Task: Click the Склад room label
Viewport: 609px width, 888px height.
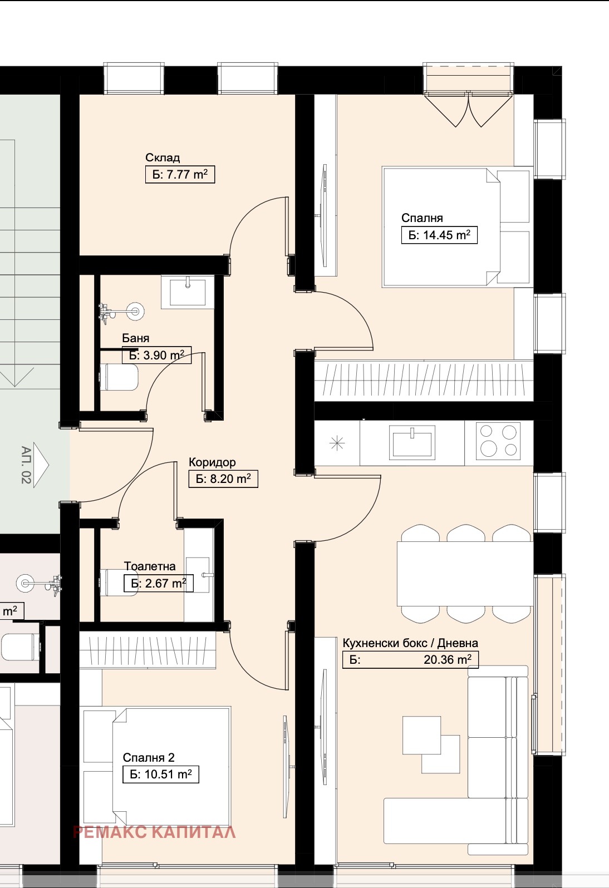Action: (x=162, y=158)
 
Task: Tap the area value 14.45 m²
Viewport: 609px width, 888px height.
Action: (x=439, y=235)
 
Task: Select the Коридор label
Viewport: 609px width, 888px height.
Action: (x=212, y=462)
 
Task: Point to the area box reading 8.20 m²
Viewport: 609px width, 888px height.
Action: (x=223, y=479)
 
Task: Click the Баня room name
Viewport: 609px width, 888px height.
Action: (x=136, y=338)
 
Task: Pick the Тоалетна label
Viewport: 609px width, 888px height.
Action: (x=150, y=566)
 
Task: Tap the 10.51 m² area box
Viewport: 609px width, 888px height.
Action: (x=161, y=774)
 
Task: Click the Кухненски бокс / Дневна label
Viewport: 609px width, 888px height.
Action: (x=410, y=643)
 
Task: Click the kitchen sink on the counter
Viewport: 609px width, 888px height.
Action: (x=412, y=442)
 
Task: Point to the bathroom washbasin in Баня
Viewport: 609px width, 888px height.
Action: (x=188, y=292)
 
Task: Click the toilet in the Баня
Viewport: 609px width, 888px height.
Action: (x=119, y=377)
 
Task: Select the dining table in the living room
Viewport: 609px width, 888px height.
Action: (x=465, y=574)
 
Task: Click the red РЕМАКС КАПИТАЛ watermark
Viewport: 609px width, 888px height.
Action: (x=154, y=832)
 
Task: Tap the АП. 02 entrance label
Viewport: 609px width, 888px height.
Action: (x=26, y=465)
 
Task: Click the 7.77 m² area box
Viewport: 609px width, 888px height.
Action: (x=180, y=175)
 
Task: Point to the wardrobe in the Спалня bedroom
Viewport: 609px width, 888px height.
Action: (x=424, y=381)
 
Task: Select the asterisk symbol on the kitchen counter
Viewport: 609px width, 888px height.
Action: (x=337, y=443)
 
